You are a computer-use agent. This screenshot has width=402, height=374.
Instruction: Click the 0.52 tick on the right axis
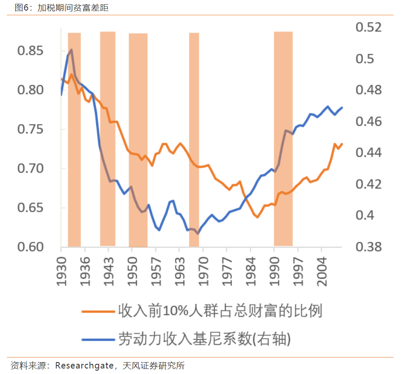click(369, 28)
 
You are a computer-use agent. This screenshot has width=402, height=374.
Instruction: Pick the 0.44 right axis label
click(369, 152)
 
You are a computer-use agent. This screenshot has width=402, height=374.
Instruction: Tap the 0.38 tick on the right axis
click(369, 247)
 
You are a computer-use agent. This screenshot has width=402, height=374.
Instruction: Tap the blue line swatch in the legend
click(98, 339)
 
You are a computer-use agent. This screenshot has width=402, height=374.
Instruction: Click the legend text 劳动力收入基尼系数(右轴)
click(205, 339)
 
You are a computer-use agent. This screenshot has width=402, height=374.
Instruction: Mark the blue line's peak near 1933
click(71, 50)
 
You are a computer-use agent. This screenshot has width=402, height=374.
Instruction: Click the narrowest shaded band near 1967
click(194, 140)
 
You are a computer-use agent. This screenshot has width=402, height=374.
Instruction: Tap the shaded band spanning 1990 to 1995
click(283, 140)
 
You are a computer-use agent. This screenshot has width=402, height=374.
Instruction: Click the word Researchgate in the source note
click(83, 366)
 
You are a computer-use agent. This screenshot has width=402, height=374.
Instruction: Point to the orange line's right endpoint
click(342, 144)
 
